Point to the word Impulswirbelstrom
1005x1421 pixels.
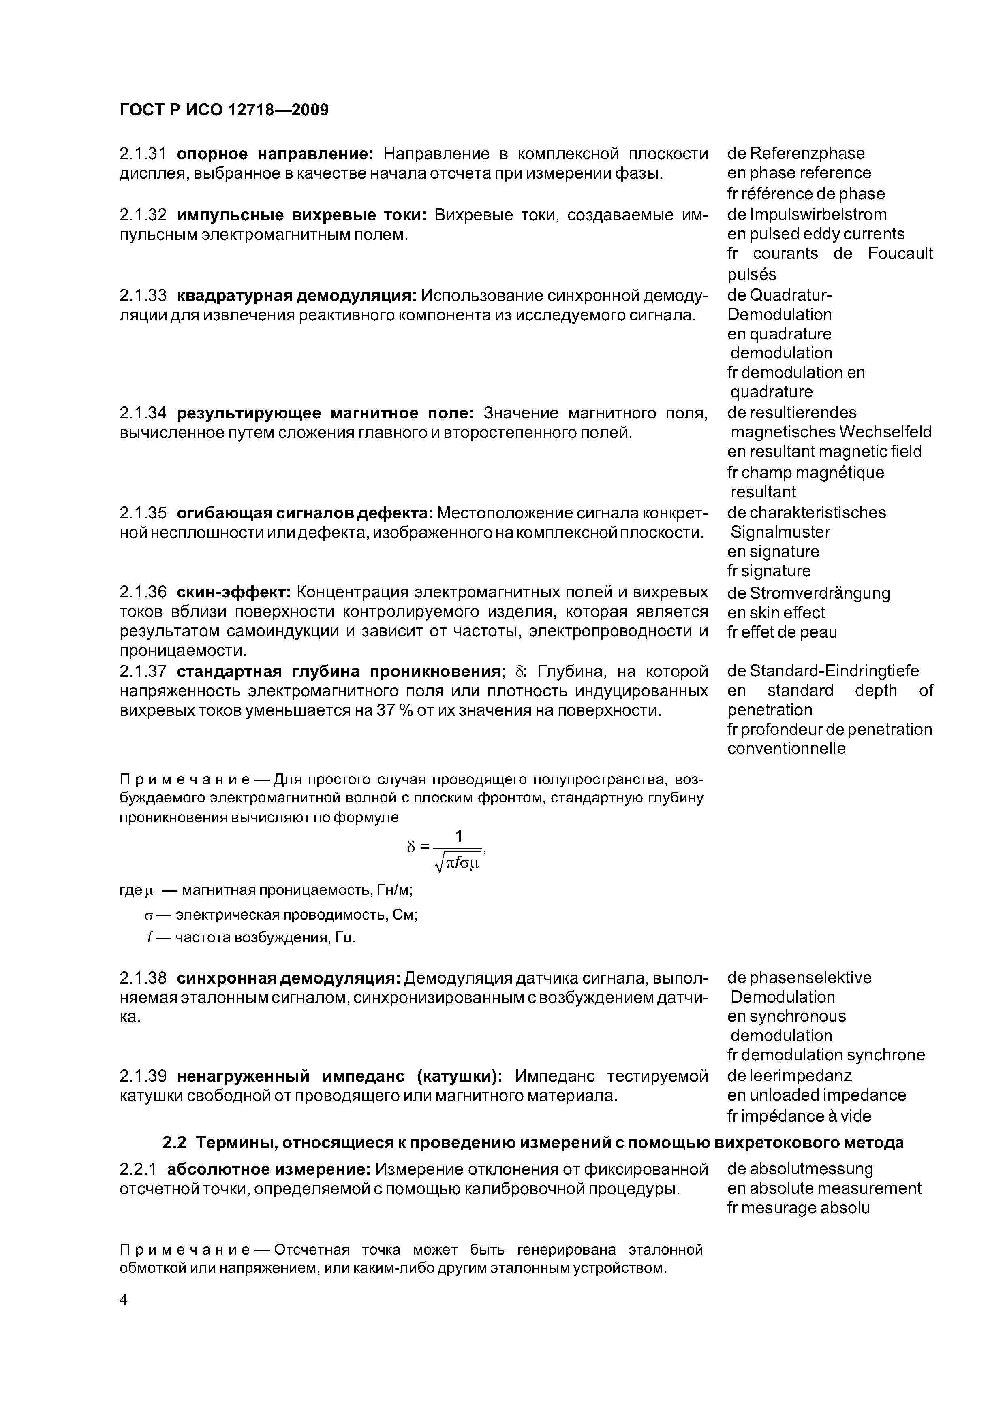[818, 214]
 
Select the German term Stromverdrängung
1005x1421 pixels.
[820, 593]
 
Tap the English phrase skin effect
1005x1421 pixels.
[787, 613]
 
